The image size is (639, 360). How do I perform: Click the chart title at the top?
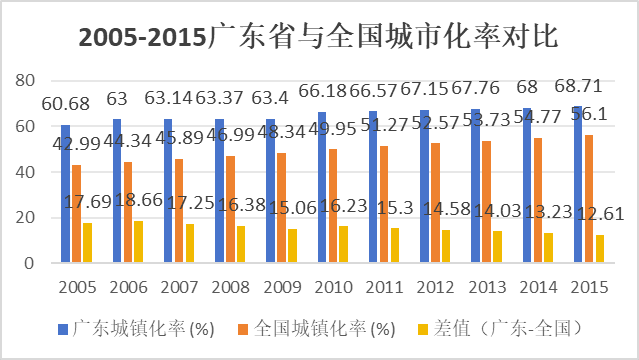318,37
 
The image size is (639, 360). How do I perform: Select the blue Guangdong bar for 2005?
66,193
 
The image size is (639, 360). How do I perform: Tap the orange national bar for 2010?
333,205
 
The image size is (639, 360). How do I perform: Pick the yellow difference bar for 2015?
600,248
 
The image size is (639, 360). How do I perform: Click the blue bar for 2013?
475,186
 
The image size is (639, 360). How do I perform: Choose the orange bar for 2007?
179,210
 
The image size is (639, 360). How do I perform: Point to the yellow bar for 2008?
241,244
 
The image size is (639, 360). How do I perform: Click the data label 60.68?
66,104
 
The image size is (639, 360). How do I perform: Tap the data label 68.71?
578,86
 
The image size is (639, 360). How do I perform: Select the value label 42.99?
77,144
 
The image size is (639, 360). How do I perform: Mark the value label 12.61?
601,214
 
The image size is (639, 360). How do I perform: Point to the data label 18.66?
139,200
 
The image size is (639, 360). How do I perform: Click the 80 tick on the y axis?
25,81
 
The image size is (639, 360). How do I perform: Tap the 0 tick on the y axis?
29,263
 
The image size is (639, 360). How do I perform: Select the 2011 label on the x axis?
384,287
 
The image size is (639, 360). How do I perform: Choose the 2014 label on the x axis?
538,287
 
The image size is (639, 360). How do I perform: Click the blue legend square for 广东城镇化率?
63,329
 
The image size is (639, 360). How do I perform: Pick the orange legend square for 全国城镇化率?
243,329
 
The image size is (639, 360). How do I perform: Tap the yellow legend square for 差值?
423,329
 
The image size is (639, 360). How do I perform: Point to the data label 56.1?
589,115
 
